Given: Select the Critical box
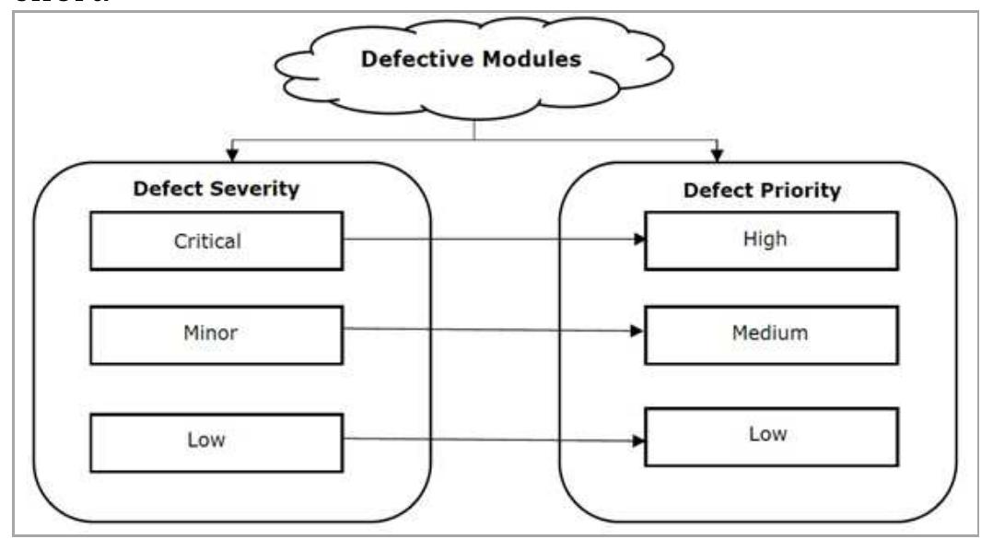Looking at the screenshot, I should (216, 241).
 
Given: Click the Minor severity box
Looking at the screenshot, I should (216, 334).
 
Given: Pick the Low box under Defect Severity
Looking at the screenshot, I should (216, 440).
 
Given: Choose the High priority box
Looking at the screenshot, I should (770, 240).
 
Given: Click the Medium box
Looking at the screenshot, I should (770, 334).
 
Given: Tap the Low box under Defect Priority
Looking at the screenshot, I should (770, 436).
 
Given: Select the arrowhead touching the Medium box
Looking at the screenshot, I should (637, 330).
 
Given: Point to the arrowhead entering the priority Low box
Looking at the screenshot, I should (637, 440).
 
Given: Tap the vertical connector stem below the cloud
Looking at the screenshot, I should (474, 130).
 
